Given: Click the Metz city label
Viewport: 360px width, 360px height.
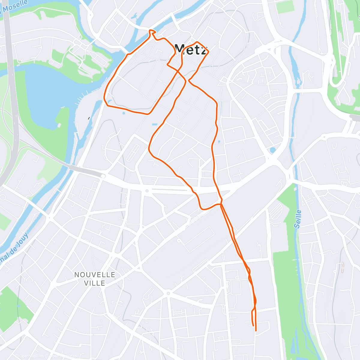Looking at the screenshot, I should coord(191,49).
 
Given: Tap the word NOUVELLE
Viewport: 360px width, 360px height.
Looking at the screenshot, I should coord(95,275).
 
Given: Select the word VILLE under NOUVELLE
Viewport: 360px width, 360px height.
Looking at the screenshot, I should coord(95,283).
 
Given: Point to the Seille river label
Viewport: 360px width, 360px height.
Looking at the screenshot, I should coord(298,219).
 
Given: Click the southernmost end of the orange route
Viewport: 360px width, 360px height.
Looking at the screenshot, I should coord(256,331).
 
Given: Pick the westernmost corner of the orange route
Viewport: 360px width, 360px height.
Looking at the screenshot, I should coord(104,98).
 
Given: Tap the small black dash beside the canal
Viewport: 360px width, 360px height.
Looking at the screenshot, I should coord(89,118).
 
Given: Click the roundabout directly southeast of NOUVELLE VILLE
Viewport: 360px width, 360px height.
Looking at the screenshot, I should coord(168,293).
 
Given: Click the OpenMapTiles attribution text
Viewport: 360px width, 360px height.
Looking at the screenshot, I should coord(30,356).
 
